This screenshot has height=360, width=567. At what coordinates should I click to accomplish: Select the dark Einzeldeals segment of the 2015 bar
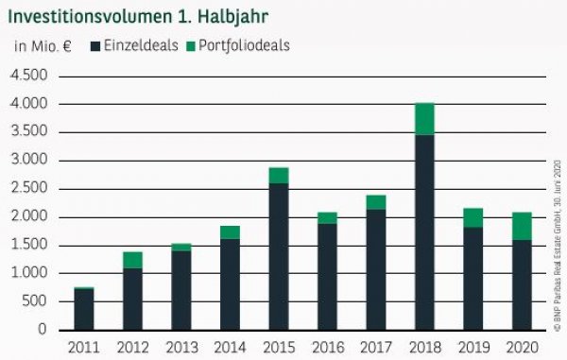278,256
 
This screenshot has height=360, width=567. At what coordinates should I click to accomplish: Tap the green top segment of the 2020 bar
519,226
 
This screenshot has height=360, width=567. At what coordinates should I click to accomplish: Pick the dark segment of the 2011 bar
84,309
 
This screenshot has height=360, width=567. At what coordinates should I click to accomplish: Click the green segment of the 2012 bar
132,260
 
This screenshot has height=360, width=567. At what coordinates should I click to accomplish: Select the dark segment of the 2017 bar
374,269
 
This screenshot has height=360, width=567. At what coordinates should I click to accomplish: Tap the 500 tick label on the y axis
35,302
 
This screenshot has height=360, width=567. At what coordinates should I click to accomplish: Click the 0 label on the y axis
43,331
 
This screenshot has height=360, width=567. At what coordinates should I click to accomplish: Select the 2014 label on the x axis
229,348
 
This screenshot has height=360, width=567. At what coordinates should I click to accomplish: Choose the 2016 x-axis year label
326,348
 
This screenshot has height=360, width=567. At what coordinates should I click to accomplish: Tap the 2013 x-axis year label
180,348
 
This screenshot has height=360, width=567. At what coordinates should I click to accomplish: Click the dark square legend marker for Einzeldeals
95,45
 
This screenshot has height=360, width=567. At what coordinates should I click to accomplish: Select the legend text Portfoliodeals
243,45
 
